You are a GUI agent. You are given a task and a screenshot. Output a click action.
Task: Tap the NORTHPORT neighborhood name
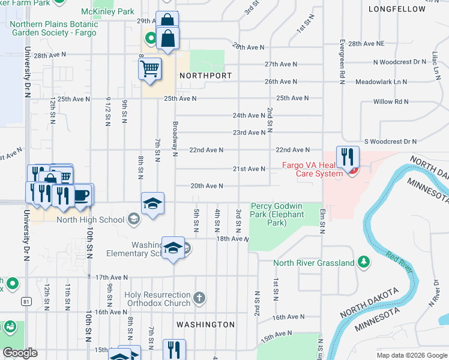click(x=205, y=76)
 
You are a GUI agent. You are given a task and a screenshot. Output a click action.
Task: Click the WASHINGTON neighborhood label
click(x=205, y=325)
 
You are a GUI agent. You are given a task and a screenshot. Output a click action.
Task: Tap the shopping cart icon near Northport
click(x=150, y=68)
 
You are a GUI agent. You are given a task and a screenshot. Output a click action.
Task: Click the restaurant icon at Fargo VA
click(x=348, y=157)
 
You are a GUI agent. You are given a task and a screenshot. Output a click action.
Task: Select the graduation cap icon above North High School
click(x=152, y=203)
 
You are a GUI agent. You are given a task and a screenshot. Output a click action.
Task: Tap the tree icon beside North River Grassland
click(x=363, y=262)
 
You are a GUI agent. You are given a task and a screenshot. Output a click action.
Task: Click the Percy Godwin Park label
click(x=277, y=214)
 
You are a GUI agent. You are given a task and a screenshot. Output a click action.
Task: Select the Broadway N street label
click(x=175, y=139)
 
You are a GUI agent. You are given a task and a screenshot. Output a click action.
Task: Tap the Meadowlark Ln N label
click(x=381, y=82)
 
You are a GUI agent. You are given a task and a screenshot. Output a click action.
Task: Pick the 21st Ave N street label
click(x=249, y=169)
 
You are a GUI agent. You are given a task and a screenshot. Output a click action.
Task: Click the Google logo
click(x=20, y=353)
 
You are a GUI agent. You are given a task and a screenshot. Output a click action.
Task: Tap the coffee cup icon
click(x=81, y=196)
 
